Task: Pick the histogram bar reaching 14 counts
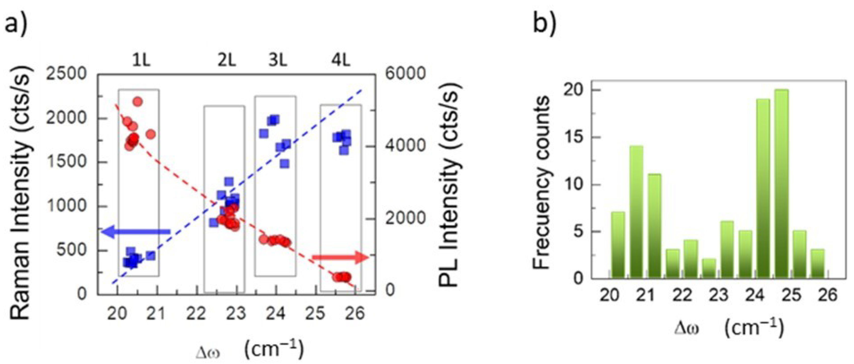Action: click(x=636, y=212)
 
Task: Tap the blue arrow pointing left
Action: click(x=136, y=232)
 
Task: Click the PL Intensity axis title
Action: click(x=449, y=186)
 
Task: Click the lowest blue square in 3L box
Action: click(x=284, y=164)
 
